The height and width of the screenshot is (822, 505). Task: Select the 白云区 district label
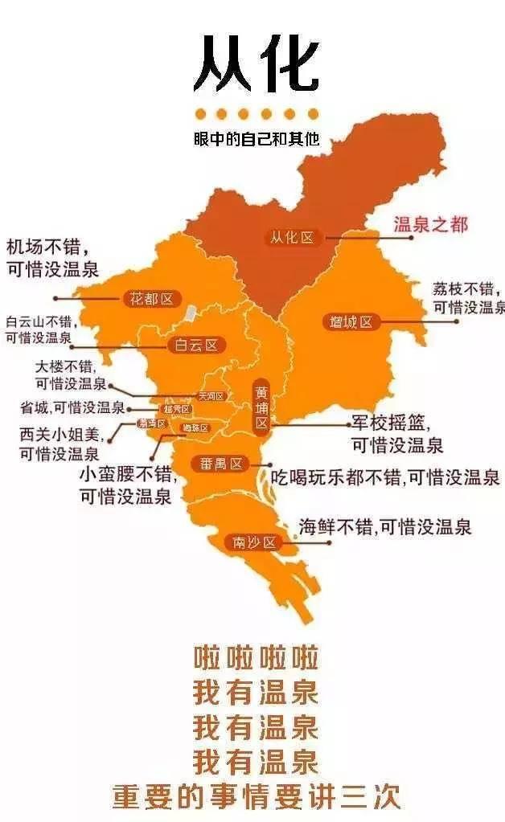pos(196,346)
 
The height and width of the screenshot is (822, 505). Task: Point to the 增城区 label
pos(351,322)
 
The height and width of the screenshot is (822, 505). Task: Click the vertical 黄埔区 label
pos(262,407)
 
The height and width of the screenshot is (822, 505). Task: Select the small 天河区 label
pos(211,396)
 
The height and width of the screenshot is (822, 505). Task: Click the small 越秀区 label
pos(177,409)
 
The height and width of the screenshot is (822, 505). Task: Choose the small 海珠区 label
pos(195,427)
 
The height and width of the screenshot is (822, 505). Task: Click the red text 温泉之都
pos(430,224)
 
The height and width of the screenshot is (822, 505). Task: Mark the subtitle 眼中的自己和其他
pos(256,138)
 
